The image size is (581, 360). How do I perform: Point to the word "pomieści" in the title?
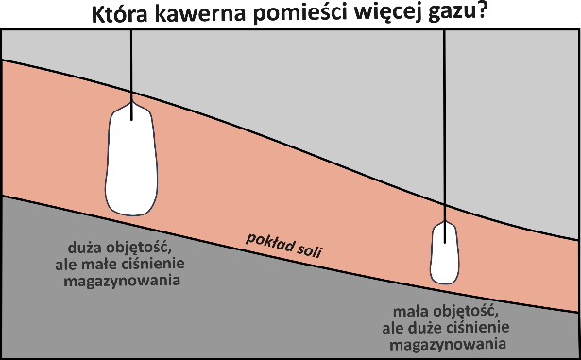click(x=301, y=14)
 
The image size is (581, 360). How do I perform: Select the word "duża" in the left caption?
click(x=77, y=249)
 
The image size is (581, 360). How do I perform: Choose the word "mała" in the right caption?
click(x=410, y=309)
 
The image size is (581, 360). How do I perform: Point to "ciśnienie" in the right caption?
click(x=481, y=325)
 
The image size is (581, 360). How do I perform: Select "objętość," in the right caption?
click(x=462, y=309)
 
